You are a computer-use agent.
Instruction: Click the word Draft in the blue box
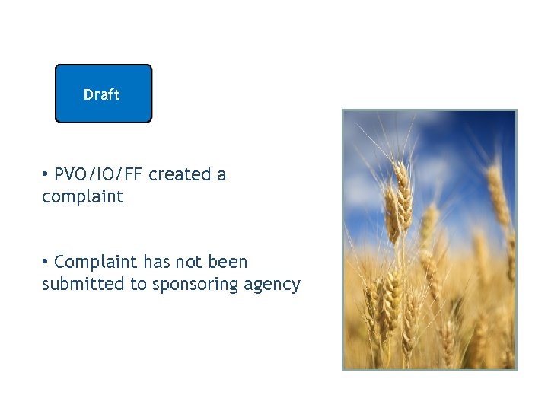[101, 95]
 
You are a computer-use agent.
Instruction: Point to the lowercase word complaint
[82, 197]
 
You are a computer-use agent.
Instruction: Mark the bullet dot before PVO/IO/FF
[46, 174]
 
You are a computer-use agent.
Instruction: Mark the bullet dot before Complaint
[46, 262]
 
